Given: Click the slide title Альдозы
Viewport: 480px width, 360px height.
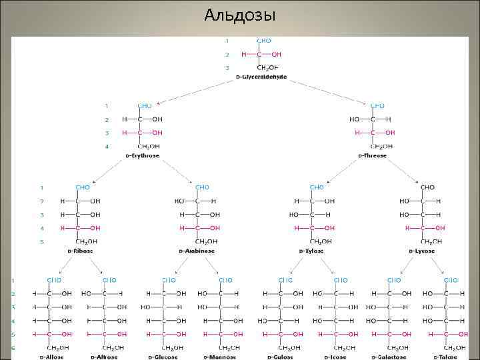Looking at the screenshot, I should click(240, 15).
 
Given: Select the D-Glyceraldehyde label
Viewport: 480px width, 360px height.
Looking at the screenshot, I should click(261, 77).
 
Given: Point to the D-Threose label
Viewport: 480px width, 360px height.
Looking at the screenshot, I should click(372, 156).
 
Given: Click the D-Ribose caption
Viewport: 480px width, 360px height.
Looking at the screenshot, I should click(79, 251).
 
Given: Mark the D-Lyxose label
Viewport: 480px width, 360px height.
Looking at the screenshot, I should click(421, 251).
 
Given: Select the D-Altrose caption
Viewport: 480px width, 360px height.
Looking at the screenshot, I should click(107, 357).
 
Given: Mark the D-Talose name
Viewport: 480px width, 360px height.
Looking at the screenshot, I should click(451, 357).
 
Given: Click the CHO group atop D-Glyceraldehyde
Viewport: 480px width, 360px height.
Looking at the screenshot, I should click(264, 41).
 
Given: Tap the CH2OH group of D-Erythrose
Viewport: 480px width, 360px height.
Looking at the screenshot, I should click(148, 146).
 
